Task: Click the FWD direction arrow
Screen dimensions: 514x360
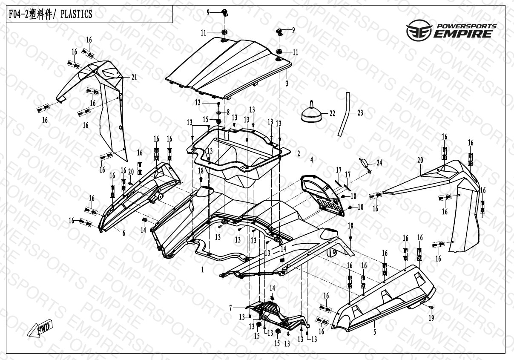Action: [x=40, y=328]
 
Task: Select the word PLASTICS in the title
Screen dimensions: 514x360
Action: [x=76, y=14]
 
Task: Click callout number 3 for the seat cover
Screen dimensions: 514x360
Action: [x=287, y=84]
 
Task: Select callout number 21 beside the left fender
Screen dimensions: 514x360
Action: [x=134, y=78]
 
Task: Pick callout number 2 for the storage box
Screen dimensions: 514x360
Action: [x=299, y=154]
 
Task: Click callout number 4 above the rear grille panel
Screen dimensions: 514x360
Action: [x=312, y=160]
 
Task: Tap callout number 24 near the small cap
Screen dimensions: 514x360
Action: [x=379, y=163]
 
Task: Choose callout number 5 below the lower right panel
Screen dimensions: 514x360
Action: [x=375, y=332]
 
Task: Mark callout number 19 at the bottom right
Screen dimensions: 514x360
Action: [x=431, y=318]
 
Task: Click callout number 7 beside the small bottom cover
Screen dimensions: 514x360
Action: [x=231, y=308]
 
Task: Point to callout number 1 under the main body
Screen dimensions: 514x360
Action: [x=203, y=269]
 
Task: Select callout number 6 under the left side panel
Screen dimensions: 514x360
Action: [x=124, y=233]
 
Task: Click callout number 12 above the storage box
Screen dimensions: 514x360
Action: [x=198, y=103]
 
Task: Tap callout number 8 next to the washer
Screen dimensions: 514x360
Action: [x=228, y=112]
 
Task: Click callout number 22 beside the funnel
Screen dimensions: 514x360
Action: [x=332, y=113]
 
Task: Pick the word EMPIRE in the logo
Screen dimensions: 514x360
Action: [x=463, y=34]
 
